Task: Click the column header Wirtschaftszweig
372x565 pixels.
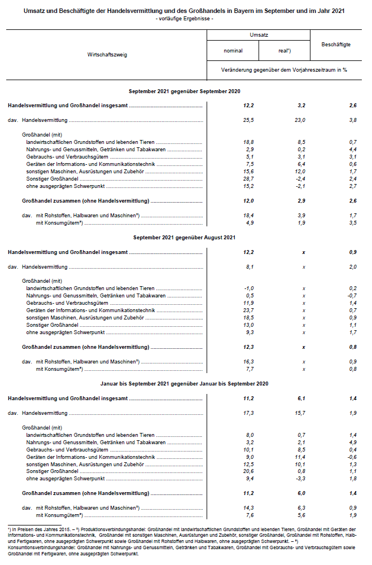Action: (107, 55)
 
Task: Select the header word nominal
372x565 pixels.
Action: (233, 51)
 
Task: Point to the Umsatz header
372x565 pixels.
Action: (259, 35)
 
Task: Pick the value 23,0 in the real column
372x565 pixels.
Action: (299, 120)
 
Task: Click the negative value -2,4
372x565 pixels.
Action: (299, 178)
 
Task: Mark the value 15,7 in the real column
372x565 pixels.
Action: (299, 413)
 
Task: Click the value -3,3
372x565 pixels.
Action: (299, 478)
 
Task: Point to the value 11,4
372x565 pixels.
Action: (299, 457)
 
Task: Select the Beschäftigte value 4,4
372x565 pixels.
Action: (353, 149)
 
